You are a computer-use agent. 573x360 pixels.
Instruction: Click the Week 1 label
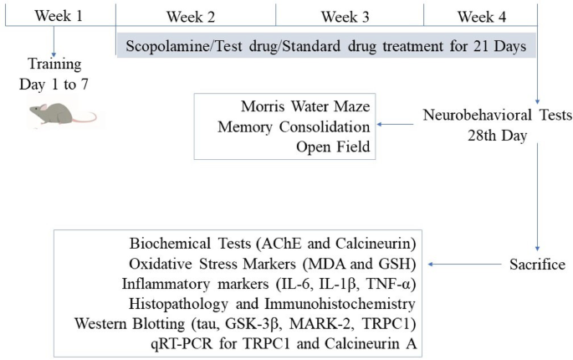(59, 16)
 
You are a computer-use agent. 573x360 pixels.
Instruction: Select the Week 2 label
(191, 17)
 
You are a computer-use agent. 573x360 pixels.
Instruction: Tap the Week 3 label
(345, 17)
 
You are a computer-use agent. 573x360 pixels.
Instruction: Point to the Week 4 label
(482, 17)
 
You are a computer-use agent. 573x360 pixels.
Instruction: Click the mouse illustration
(62, 114)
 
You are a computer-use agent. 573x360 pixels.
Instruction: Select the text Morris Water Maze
(305, 106)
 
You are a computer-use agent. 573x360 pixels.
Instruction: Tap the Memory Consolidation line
(294, 127)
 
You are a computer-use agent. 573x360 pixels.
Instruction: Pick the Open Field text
(333, 147)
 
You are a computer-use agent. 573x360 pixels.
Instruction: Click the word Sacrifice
(538, 265)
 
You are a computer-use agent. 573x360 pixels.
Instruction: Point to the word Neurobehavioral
(478, 116)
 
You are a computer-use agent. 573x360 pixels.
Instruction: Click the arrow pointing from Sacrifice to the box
(464, 265)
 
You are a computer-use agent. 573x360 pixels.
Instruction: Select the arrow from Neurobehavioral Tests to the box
(395, 125)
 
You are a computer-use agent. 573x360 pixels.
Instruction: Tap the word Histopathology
(178, 304)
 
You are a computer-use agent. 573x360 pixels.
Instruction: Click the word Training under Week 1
(54, 64)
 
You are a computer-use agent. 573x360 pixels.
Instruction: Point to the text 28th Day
(498, 136)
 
